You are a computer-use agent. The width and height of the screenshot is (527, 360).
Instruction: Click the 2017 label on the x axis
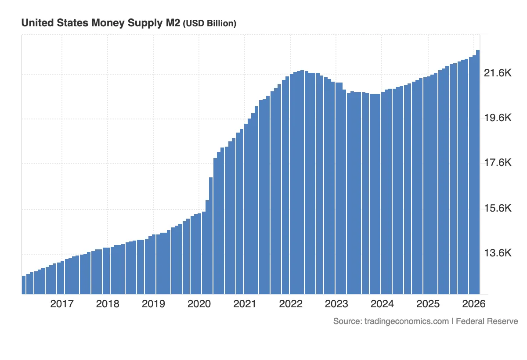tap(62, 304)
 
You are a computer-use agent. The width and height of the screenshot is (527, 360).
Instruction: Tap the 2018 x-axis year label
tap(108, 304)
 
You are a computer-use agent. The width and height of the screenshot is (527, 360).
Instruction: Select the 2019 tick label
tap(153, 304)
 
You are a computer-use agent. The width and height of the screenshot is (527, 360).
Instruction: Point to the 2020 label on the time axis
tap(199, 304)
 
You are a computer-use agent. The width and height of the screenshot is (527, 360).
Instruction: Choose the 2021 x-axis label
tap(245, 304)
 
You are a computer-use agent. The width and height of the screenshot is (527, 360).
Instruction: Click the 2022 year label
tap(291, 304)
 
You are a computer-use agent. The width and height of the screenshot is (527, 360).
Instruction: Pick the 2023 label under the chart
tap(336, 304)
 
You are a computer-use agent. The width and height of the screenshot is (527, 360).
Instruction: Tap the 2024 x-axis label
tap(382, 304)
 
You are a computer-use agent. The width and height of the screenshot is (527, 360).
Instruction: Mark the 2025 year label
tap(428, 304)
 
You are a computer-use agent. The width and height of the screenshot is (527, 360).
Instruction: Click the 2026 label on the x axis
tap(473, 304)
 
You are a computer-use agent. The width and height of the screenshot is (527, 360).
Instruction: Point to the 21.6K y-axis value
tap(498, 73)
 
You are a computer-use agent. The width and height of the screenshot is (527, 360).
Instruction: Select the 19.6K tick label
tap(498, 118)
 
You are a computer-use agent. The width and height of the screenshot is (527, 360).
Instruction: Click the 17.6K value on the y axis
tap(498, 163)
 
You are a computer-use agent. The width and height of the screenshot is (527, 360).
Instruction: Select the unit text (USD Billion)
tap(209, 24)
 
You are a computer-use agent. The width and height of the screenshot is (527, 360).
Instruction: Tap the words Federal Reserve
tap(487, 321)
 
